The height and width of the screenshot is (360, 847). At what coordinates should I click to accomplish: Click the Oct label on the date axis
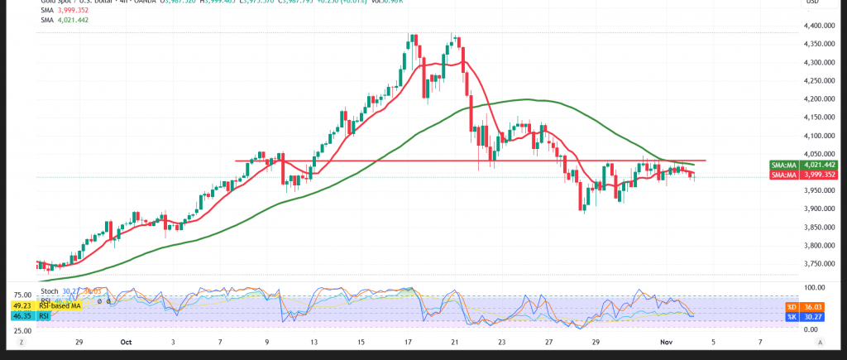127,341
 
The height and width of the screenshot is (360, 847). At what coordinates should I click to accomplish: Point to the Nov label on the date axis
666,341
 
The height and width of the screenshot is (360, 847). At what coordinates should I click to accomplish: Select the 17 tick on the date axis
409,341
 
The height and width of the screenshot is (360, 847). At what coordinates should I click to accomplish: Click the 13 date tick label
315,341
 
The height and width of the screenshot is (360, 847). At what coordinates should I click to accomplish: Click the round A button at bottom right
821,341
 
